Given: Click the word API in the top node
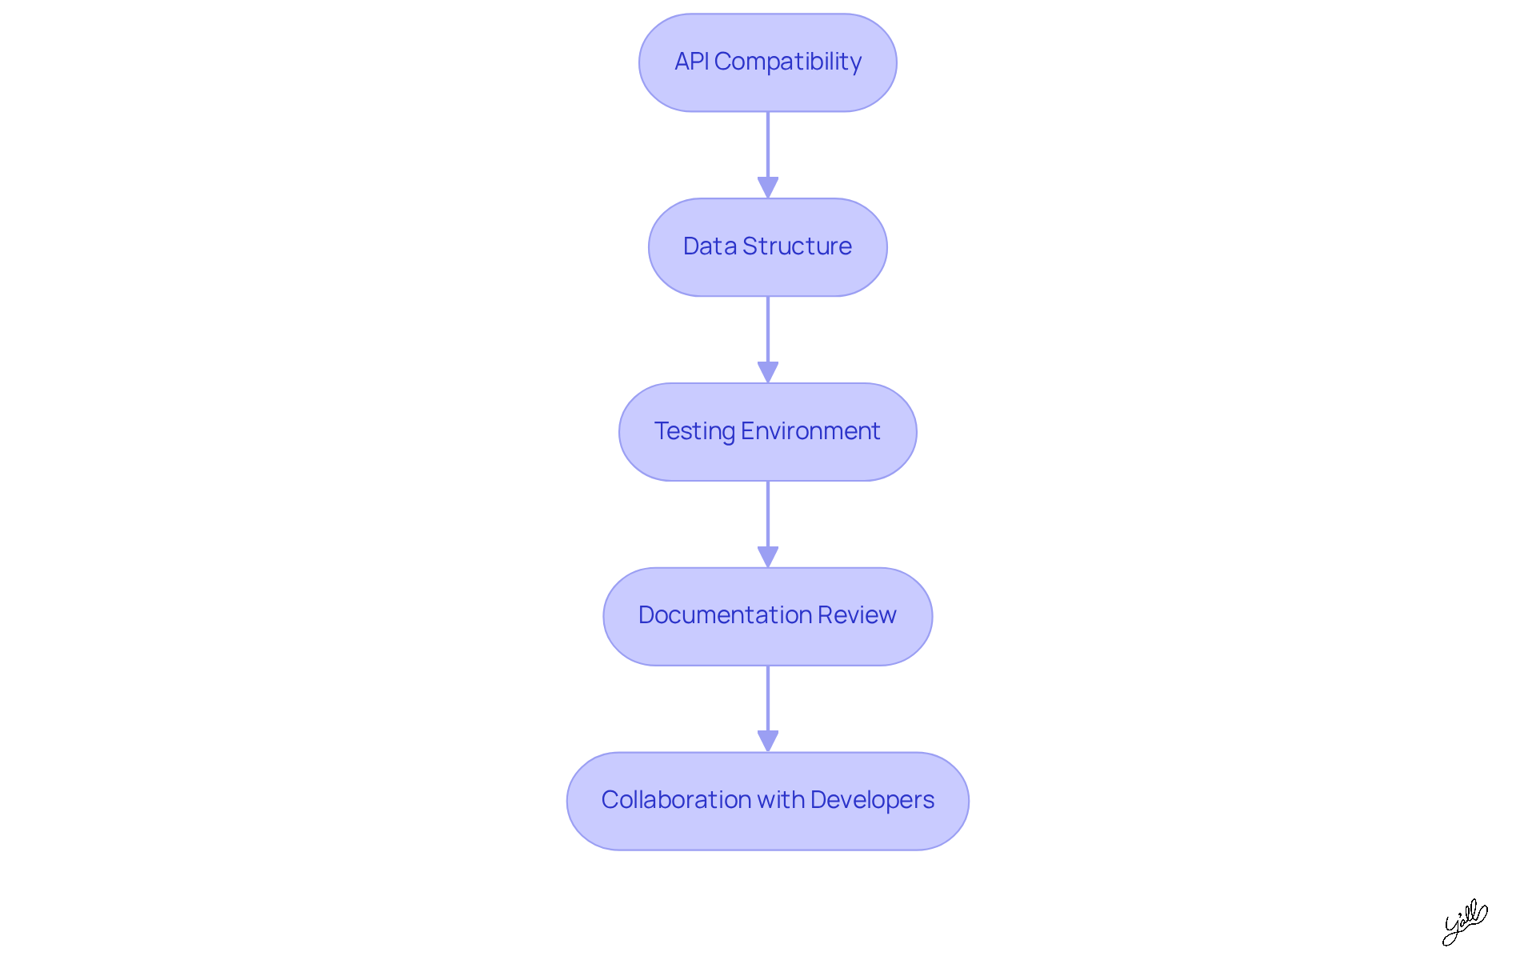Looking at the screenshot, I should [692, 62].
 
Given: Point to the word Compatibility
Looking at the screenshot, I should [788, 62].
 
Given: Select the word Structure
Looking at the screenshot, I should [797, 246].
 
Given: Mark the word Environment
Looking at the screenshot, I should [810, 431].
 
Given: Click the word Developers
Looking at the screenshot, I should [872, 800].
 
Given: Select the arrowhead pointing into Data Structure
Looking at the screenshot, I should [768, 187].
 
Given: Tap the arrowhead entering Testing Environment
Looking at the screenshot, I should [768, 372].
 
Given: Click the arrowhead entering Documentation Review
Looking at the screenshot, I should [768, 557].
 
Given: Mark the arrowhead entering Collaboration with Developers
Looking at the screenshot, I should [768, 741].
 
